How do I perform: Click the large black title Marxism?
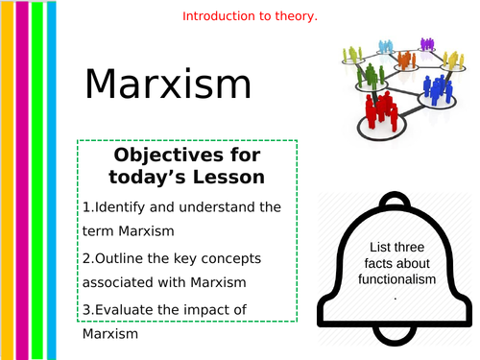pyautogui.click(x=167, y=84)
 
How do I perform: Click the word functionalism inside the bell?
pyautogui.click(x=396, y=278)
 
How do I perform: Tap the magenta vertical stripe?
pyautogui.click(x=23, y=180)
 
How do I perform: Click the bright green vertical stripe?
pyautogui.click(x=36, y=180)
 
